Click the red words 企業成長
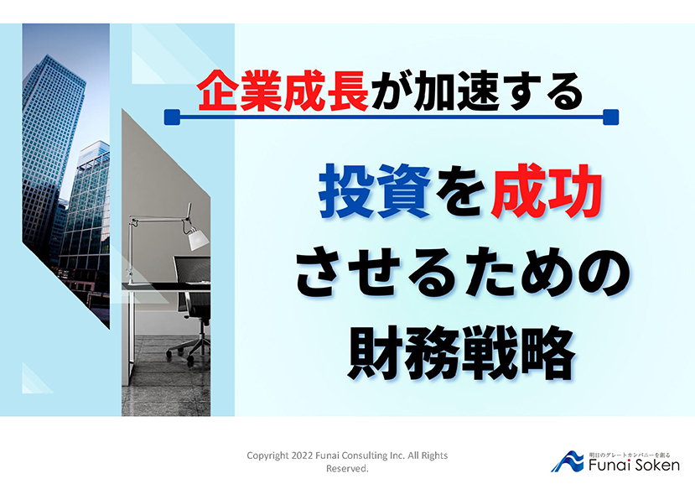[x=283, y=91]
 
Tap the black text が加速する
[x=477, y=91]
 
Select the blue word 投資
[x=375, y=191]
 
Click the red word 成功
[x=546, y=191]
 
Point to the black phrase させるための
[x=463, y=273]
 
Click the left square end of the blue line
[x=172, y=117]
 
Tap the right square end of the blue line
[x=611, y=117]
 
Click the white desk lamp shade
[x=198, y=239]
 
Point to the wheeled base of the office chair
[x=189, y=348]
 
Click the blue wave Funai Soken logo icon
[x=568, y=462]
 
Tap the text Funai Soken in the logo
[x=634, y=465]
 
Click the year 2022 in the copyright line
[x=303, y=455]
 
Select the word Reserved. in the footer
[x=347, y=468]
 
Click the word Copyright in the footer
[x=267, y=456]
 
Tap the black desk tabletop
[x=166, y=286]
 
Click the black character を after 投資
[x=460, y=192]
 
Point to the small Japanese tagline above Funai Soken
[x=630, y=455]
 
